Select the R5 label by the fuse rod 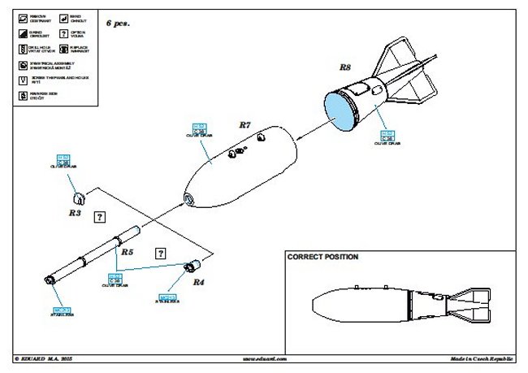point(127,252)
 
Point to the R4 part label point(197,282)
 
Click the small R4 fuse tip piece point(193,264)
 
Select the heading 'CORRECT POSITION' point(322,257)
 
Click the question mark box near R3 point(100,217)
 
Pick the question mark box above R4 point(161,253)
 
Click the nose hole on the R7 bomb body point(188,199)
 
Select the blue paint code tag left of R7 point(198,128)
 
